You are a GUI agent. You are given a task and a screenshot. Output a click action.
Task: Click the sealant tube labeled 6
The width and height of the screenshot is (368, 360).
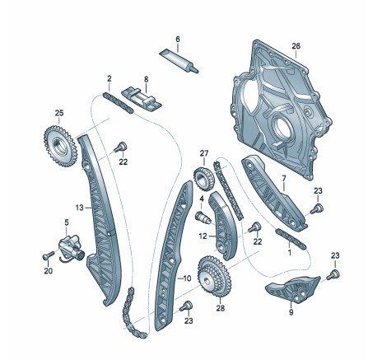pyautogui.click(x=179, y=61)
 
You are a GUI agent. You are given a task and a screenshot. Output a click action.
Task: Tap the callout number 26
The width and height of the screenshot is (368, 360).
pyautogui.click(x=296, y=46)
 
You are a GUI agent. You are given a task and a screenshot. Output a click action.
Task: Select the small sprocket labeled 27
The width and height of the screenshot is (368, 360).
pyautogui.click(x=203, y=178)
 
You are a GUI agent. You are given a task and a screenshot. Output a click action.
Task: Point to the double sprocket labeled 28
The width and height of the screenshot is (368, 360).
pyautogui.click(x=215, y=277)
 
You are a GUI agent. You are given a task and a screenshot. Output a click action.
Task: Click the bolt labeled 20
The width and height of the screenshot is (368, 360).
pyautogui.click(x=48, y=255)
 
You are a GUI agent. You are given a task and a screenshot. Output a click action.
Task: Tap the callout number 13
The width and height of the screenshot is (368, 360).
pyautogui.click(x=79, y=208)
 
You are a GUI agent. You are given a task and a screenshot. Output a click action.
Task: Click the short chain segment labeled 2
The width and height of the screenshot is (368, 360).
pyautogui.click(x=118, y=104)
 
